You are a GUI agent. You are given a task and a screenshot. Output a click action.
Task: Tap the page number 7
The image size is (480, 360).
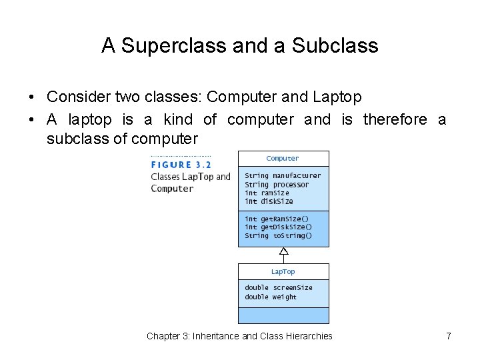click(x=449, y=336)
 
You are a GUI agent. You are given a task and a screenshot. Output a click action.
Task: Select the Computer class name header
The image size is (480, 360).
click(x=283, y=159)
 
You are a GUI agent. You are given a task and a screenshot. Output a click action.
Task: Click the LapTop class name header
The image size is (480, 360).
click(x=283, y=272)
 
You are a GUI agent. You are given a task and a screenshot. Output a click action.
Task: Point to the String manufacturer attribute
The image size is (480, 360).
click(x=283, y=176)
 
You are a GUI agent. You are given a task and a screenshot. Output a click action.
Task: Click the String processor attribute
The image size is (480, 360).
click(x=277, y=185)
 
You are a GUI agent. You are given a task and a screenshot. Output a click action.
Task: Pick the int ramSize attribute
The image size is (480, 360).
click(x=267, y=193)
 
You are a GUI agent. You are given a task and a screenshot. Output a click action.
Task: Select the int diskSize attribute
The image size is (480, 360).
click(x=269, y=201)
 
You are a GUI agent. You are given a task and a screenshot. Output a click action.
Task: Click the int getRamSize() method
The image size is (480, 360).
click(x=277, y=219)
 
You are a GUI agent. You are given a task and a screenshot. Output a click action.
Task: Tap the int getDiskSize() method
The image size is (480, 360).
click(x=278, y=227)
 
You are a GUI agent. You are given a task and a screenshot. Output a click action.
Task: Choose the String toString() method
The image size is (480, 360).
click(x=278, y=236)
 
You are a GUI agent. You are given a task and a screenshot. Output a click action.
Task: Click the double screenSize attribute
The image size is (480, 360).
click(x=278, y=288)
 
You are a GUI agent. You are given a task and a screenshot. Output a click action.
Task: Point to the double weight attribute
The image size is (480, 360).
click(x=271, y=297)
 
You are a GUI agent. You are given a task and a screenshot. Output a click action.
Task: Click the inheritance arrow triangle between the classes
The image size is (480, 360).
click(x=283, y=251)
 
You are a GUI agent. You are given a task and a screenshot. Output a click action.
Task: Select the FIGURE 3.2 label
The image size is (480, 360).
click(x=181, y=165)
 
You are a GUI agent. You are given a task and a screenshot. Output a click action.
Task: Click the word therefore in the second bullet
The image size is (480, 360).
click(x=395, y=119)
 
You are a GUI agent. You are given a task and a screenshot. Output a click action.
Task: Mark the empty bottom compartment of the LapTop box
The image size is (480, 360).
click(x=283, y=315)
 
